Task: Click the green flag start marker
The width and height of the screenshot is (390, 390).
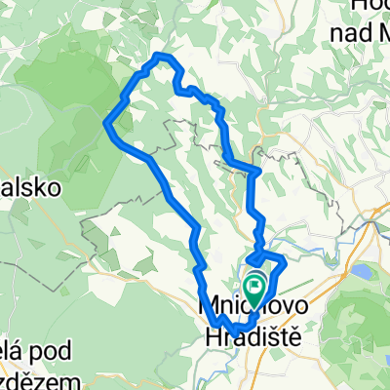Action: (256, 286)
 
